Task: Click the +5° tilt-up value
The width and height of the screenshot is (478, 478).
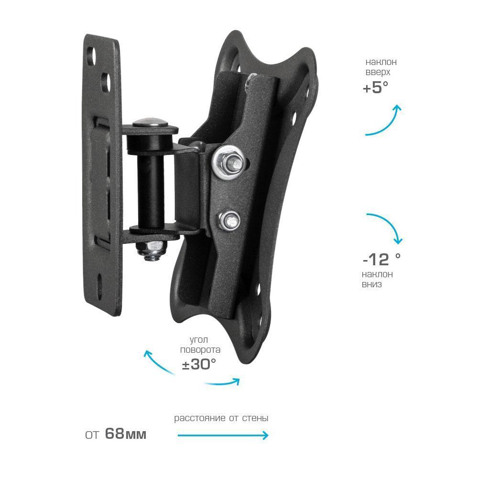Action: point(376,87)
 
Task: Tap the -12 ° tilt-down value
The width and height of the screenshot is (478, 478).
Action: point(381,260)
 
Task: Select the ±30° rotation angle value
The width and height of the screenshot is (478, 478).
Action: point(199,364)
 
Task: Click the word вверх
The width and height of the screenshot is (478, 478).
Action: point(378,73)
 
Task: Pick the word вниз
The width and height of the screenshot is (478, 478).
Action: point(371,284)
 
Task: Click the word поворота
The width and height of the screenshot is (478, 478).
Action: point(200,350)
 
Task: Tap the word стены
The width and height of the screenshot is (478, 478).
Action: point(255,418)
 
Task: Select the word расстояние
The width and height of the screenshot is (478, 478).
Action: point(200,418)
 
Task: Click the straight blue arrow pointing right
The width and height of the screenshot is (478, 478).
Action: point(223,435)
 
